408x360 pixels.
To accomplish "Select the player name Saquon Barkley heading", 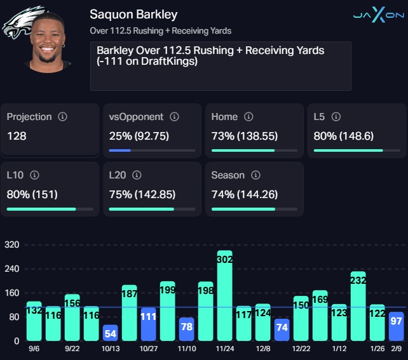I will point(133,14).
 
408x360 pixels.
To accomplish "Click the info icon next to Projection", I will point(62,117).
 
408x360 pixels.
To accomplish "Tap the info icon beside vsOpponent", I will point(174,117).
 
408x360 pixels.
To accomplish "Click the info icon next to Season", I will point(255,175).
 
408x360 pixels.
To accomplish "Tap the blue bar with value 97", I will point(396,326).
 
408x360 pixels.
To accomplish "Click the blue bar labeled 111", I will point(148,324).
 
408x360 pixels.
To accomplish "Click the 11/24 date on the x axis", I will point(224,348).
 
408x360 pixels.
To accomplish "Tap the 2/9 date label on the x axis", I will point(396,348).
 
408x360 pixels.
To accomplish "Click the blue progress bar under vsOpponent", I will point(120,150).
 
